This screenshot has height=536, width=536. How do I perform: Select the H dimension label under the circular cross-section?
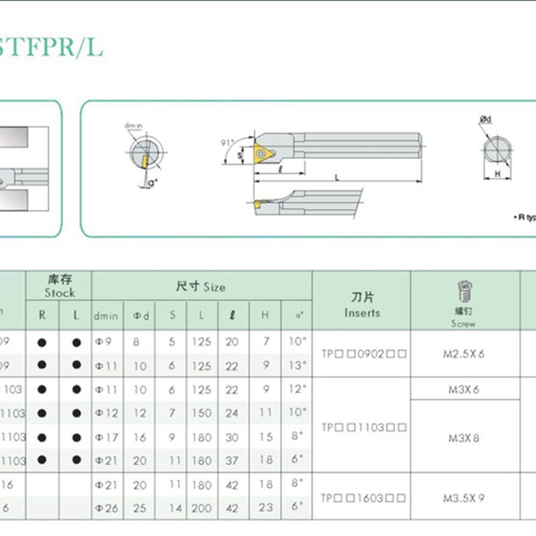(497, 174)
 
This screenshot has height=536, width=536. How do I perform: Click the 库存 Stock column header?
(59, 285)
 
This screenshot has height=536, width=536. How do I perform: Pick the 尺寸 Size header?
(201, 287)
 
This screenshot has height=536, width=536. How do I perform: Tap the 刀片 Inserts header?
(362, 305)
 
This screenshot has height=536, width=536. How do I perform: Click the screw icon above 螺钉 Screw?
(463, 291)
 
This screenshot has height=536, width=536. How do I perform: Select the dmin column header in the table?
(106, 316)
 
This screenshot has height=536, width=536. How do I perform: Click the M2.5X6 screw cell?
(463, 354)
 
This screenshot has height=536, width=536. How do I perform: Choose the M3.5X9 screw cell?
(463, 498)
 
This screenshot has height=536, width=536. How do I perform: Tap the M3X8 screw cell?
(463, 438)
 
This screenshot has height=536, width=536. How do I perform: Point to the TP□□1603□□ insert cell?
(362, 498)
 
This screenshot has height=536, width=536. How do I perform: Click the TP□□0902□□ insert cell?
(362, 354)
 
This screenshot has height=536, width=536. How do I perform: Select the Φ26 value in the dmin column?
(107, 509)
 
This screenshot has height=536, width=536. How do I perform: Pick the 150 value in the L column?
(201, 413)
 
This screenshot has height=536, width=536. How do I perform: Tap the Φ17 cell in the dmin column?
(107, 437)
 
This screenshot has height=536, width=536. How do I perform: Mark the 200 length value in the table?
(201, 509)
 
